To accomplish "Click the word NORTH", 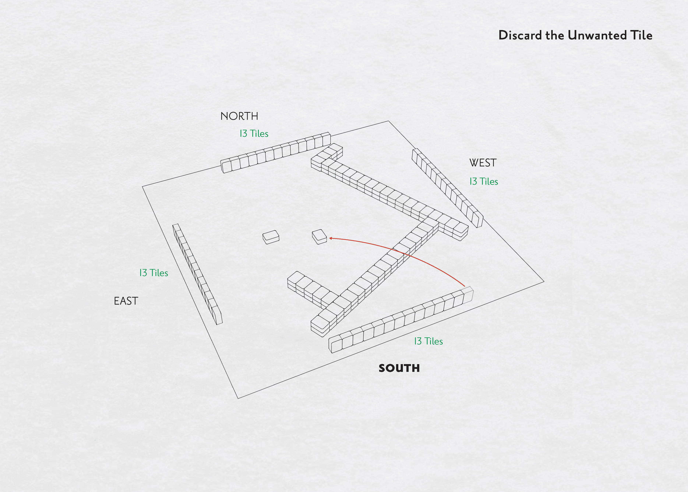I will pyautogui.click(x=239, y=116).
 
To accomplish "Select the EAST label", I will pyautogui.click(x=126, y=301).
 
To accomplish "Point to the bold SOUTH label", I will pyautogui.click(x=399, y=368).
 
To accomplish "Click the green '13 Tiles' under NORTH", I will pyautogui.click(x=254, y=134).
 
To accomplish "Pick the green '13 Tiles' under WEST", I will pyautogui.click(x=484, y=182).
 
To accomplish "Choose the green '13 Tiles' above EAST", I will pyautogui.click(x=154, y=273).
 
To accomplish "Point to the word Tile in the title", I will pyautogui.click(x=641, y=35).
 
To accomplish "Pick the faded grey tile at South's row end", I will pyautogui.click(x=468, y=294).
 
